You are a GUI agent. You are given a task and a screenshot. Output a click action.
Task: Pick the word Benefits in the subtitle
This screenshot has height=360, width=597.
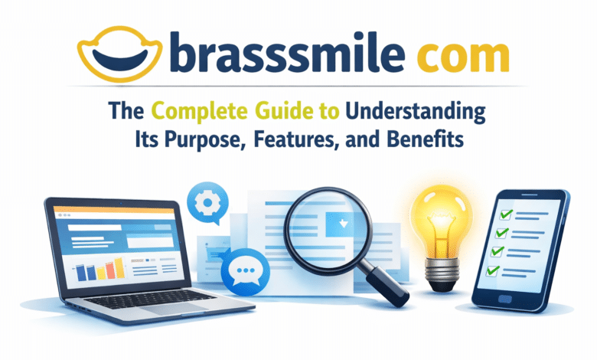[435, 143]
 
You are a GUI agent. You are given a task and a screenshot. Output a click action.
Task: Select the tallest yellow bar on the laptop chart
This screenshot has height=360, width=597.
[119, 266]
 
